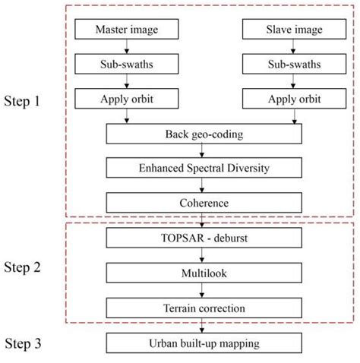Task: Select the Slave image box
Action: tap(282, 30)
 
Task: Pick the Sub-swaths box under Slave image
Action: tap(282, 65)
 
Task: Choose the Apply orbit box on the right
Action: tap(282, 99)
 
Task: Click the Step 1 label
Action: tap(28, 99)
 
